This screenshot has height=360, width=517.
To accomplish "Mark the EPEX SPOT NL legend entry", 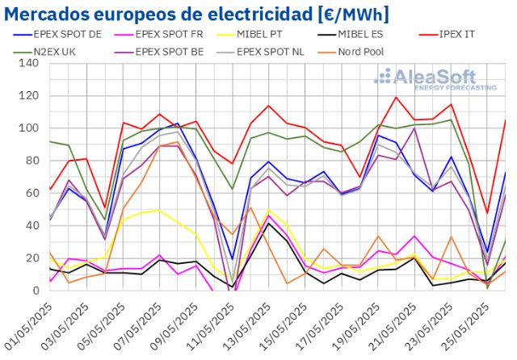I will [284, 51].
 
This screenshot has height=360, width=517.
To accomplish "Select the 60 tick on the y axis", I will [33, 194].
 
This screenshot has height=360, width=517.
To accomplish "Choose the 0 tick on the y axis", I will [36, 291].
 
